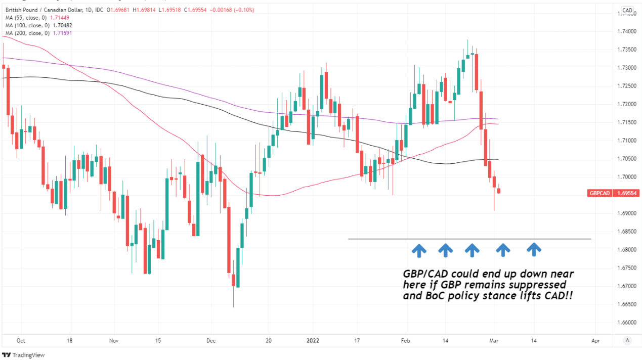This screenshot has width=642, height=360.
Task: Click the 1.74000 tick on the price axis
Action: click(628, 31)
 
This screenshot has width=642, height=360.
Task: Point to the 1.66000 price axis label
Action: click(628, 322)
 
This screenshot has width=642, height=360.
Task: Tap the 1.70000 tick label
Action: click(628, 177)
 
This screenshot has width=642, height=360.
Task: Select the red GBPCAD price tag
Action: click(600, 193)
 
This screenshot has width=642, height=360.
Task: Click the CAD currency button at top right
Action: click(627, 10)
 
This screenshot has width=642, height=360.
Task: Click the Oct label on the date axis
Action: click(21, 340)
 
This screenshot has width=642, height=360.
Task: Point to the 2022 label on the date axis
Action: click(312, 340)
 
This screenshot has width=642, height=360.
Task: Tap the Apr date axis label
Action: click(595, 340)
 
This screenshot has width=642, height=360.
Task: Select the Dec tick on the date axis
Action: click(211, 340)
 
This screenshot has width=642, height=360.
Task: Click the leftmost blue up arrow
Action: click(418, 249)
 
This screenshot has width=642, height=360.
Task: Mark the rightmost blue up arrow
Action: click(534, 249)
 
